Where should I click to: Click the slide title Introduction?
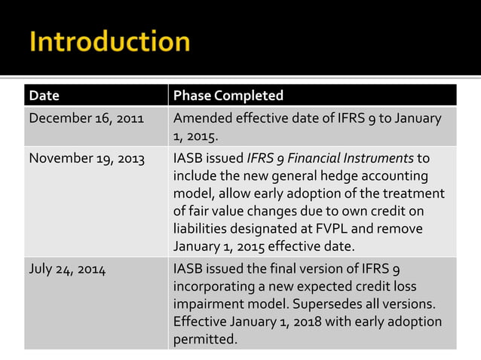point(109,43)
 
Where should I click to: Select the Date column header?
point(44,96)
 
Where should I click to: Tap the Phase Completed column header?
point(228,96)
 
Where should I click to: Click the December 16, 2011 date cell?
point(87,117)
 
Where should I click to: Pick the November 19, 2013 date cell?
point(87,158)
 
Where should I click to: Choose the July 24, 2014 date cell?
point(66,269)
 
